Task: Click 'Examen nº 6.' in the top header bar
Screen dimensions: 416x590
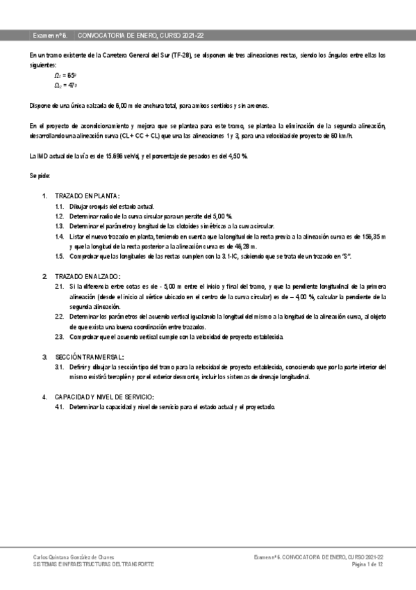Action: point(50,34)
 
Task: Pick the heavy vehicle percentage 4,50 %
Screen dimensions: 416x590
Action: point(236,155)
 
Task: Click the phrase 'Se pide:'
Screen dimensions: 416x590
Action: point(40,176)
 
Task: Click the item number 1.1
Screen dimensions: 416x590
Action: point(60,207)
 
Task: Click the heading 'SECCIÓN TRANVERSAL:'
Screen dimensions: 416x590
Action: point(90,356)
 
